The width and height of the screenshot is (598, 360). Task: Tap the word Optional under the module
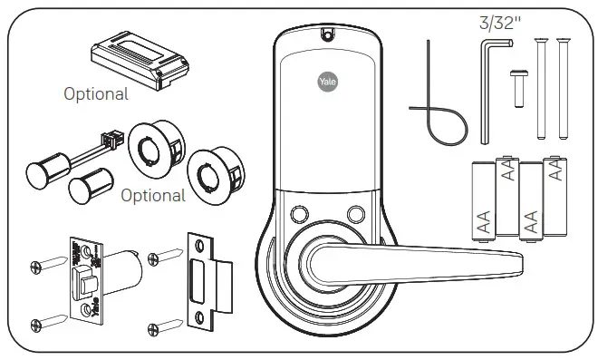pos(96,92)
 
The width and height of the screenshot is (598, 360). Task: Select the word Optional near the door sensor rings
pos(153,195)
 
